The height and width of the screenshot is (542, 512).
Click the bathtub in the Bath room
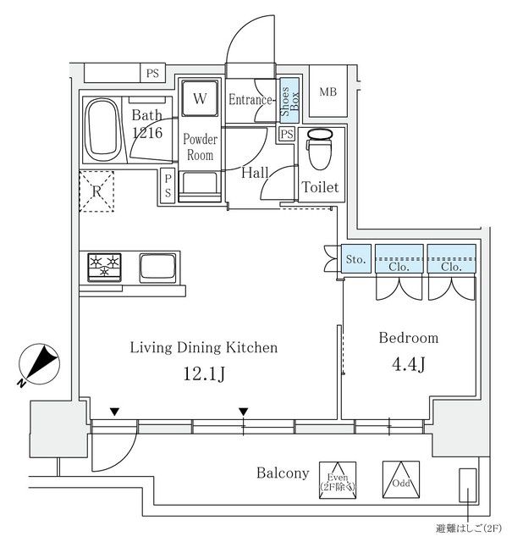point(103,130)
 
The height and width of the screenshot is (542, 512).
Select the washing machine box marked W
point(200,98)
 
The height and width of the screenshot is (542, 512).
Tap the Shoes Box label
point(289,99)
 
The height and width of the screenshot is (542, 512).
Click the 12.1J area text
point(202,373)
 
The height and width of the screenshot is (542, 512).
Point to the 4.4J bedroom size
point(409,365)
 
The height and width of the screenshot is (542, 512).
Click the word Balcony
point(283,473)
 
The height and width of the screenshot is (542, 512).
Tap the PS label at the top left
point(152,73)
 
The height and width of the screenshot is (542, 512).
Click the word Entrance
point(250,100)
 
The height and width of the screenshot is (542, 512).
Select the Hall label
point(255,173)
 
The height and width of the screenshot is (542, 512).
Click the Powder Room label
point(200,147)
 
